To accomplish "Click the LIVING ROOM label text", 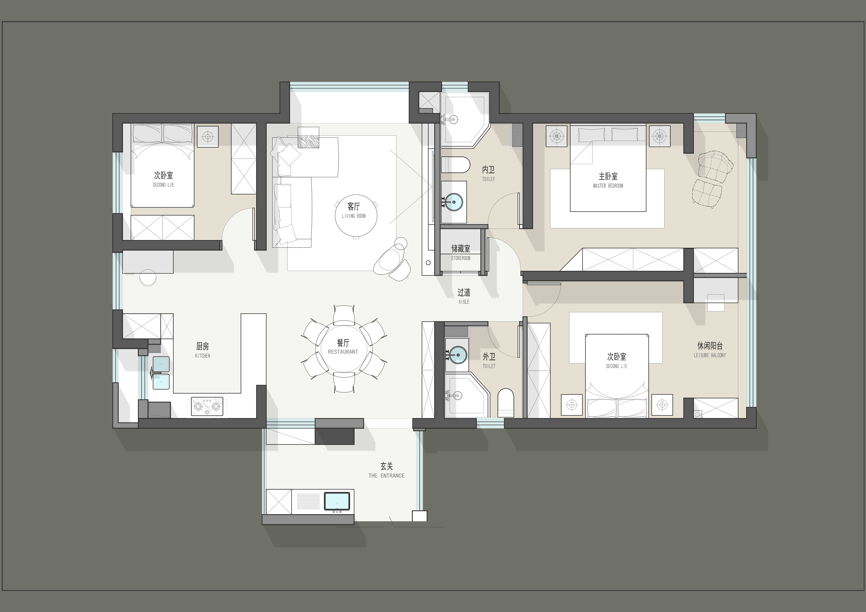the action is click(353, 216).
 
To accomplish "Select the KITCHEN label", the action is click(203, 356).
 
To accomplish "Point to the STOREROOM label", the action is click(460, 258).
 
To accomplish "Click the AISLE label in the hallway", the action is click(464, 302).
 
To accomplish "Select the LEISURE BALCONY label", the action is click(710, 355).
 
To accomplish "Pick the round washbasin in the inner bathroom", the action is click(454, 202).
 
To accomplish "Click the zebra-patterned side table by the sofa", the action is click(308, 137).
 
